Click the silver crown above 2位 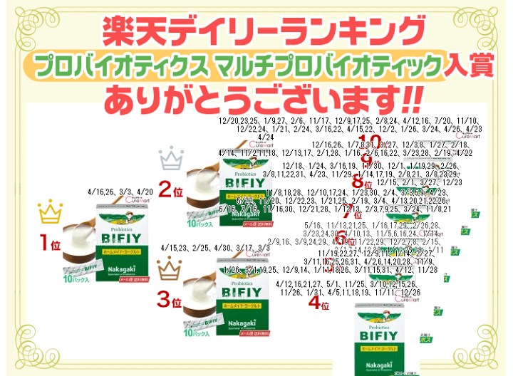(171, 158)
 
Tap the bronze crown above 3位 (169, 268)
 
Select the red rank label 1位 (50, 244)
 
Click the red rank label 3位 (169, 301)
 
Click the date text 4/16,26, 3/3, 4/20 (120, 192)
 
